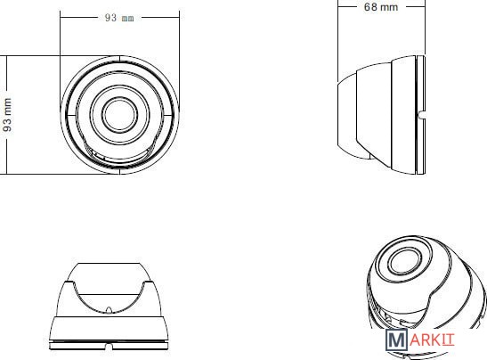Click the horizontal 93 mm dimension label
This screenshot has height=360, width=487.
coord(119,18)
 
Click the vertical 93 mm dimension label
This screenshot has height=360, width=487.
coord(7,115)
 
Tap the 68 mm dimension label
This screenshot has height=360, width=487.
coord(381,7)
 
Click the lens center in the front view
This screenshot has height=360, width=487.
coord(119,115)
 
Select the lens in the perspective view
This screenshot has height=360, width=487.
coord(404,261)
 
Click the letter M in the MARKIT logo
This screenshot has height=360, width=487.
coord(396,340)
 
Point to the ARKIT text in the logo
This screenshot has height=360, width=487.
coord(432,340)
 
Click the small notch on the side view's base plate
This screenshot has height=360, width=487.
coord(422,115)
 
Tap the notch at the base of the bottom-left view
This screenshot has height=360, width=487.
coord(109,346)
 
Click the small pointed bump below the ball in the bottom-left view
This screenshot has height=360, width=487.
coord(109,309)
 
